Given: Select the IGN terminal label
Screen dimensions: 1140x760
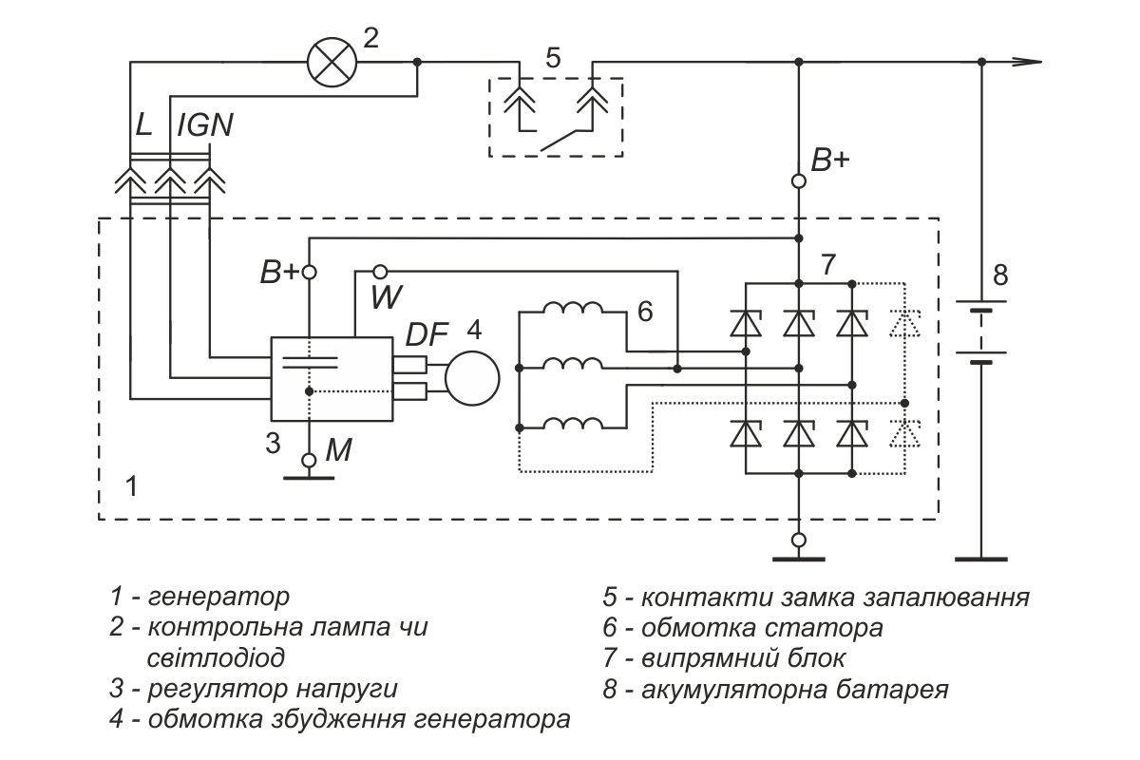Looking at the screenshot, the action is click(x=205, y=124).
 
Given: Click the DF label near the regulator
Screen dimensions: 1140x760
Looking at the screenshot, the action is click(x=427, y=334).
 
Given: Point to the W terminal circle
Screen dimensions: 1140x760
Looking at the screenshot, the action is click(x=380, y=271).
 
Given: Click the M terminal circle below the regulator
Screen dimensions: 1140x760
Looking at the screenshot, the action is click(x=309, y=460).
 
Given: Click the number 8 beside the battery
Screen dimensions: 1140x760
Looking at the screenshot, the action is click(x=1000, y=275).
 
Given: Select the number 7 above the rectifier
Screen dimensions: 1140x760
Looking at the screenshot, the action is click(x=828, y=265).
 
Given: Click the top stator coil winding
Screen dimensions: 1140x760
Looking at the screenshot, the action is click(x=573, y=308).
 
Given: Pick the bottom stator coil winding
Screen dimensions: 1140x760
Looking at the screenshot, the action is click(x=573, y=424).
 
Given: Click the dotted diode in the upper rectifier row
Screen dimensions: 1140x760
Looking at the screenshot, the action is click(x=904, y=324).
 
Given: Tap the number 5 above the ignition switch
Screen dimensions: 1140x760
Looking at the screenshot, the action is click(x=553, y=58).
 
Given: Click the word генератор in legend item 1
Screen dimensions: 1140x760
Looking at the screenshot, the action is click(x=218, y=598).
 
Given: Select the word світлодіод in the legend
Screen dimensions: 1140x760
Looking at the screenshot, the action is click(x=216, y=657).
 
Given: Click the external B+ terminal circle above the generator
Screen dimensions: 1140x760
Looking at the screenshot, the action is click(x=799, y=180).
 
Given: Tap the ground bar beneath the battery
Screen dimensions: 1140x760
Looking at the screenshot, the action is click(x=981, y=560).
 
